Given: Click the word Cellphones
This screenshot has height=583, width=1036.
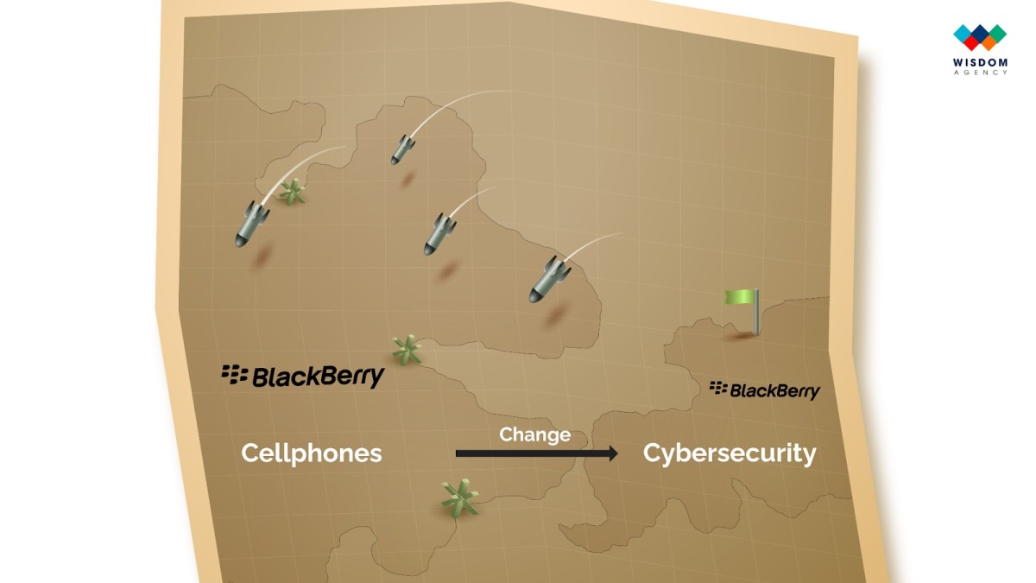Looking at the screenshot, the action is [x=312, y=453].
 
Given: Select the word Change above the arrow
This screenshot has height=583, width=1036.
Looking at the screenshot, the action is [x=534, y=435].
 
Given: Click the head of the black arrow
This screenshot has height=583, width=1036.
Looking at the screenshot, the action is [x=612, y=453].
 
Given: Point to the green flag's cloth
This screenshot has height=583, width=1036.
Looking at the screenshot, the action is [x=740, y=296].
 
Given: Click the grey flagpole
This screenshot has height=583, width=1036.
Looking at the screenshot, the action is [x=756, y=312].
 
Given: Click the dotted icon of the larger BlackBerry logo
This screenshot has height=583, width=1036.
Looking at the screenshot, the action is [x=235, y=374].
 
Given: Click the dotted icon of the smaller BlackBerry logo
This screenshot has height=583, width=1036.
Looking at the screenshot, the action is [x=718, y=388].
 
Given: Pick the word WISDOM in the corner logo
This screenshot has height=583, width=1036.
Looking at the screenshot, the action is [x=980, y=62].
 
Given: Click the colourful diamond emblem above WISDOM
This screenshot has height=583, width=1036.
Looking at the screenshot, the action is [x=980, y=37].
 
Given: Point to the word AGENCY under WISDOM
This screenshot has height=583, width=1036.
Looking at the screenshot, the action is [x=980, y=73].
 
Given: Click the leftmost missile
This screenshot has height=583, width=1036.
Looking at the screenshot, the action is [x=251, y=225].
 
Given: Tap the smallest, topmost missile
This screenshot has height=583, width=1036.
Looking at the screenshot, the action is [x=402, y=149].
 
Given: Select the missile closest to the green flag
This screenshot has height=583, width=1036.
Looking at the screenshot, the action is [x=549, y=280].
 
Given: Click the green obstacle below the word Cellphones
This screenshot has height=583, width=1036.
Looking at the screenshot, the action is [x=459, y=499].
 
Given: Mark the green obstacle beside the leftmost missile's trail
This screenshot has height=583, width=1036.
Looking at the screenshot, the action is [x=292, y=192].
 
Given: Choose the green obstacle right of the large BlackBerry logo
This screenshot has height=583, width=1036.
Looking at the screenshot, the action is [x=407, y=351].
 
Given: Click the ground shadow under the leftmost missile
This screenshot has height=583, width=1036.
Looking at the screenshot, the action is [x=262, y=256].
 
